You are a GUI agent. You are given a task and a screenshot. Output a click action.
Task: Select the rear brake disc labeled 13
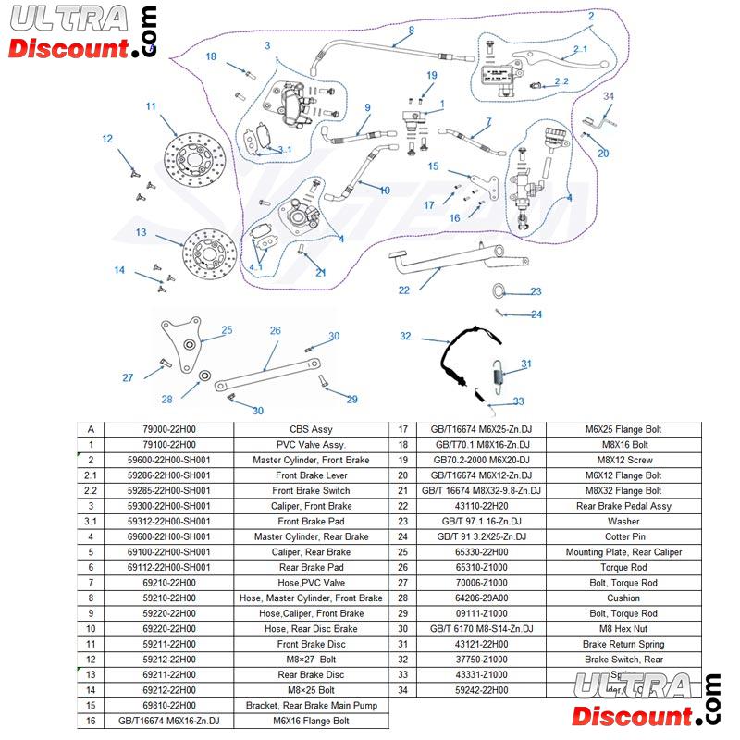click(209, 253)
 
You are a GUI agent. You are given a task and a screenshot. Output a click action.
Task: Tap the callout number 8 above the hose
click(411, 31)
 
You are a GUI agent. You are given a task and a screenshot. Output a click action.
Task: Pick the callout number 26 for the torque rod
click(275, 330)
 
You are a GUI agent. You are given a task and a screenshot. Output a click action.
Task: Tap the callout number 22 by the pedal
click(403, 290)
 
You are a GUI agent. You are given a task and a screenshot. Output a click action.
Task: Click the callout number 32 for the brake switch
click(405, 336)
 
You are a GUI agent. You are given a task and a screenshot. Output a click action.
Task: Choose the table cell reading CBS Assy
click(311, 429)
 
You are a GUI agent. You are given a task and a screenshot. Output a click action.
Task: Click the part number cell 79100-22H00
click(169, 445)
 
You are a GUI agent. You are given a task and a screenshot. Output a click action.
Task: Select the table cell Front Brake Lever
click(311, 475)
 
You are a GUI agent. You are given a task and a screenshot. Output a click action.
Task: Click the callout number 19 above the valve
click(431, 75)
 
